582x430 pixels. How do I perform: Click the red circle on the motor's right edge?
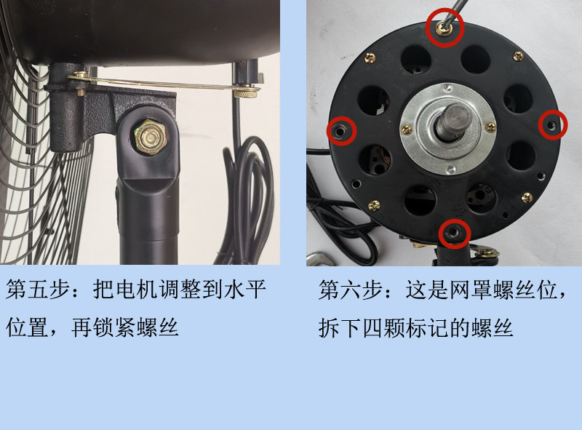point(553,125)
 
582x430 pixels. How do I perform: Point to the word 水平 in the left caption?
point(247,292)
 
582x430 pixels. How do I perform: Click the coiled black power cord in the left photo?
point(251,196)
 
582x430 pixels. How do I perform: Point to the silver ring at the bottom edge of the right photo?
point(319,258)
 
